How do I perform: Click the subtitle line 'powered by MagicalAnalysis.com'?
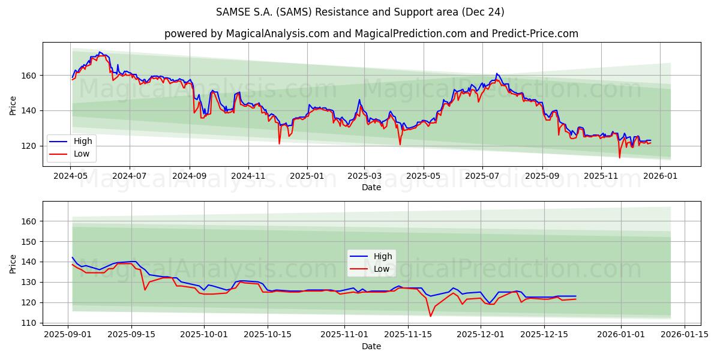pos(371,34)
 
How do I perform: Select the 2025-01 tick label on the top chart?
pos(307,176)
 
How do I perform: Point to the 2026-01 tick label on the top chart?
pos(660,176)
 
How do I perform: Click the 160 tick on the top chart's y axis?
pos(30,76)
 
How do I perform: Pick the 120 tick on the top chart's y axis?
pos(30,146)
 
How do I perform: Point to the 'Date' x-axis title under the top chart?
pos(371,187)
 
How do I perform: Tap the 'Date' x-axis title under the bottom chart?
pos(371,346)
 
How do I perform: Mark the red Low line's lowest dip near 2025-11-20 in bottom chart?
pos(430,316)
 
